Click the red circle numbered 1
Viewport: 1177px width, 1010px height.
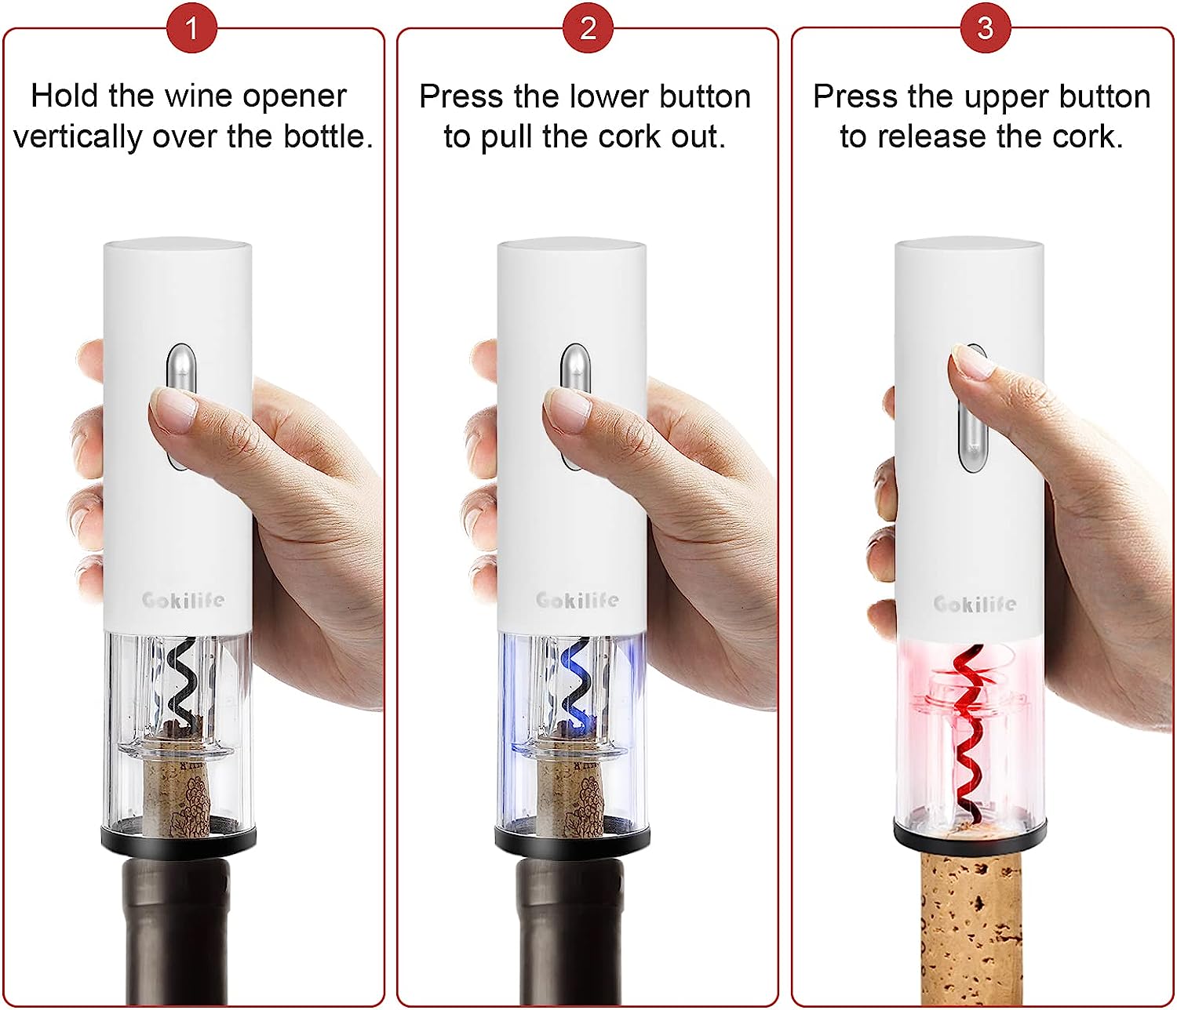[x=192, y=28]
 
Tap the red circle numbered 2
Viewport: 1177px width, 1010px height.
[x=588, y=28]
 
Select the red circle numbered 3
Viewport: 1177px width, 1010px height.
[x=985, y=28]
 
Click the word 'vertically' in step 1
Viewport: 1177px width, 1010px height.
[x=78, y=137]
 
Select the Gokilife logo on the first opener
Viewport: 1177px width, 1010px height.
[x=183, y=601]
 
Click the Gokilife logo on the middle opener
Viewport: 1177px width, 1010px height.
[x=577, y=601]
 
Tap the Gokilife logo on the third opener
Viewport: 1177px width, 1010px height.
[x=975, y=604]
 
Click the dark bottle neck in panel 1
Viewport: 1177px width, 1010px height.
[x=177, y=933]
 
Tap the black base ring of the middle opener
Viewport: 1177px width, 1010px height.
[x=572, y=841]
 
